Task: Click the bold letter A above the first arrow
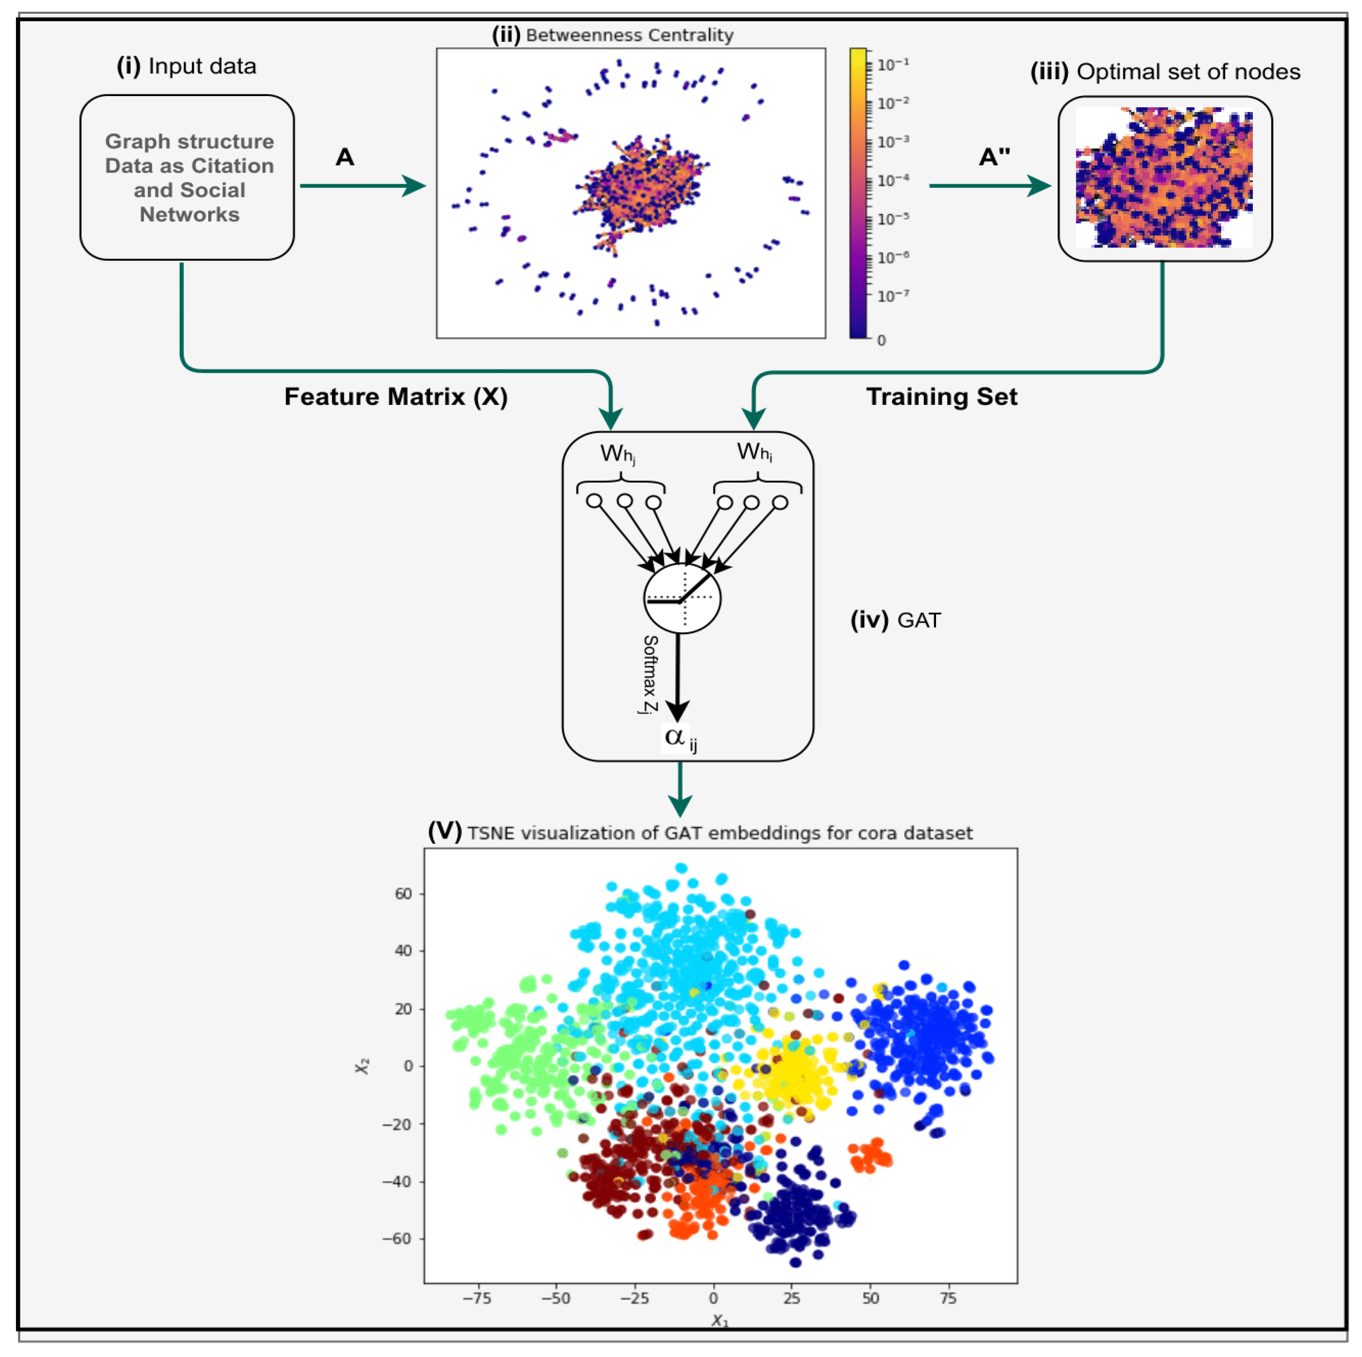click(345, 157)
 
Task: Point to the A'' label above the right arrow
click(994, 157)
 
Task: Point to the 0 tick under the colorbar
click(881, 340)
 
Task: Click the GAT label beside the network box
click(919, 620)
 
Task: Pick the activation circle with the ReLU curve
click(682, 598)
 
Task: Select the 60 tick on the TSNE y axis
click(403, 894)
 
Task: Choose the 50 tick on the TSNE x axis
click(871, 1298)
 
